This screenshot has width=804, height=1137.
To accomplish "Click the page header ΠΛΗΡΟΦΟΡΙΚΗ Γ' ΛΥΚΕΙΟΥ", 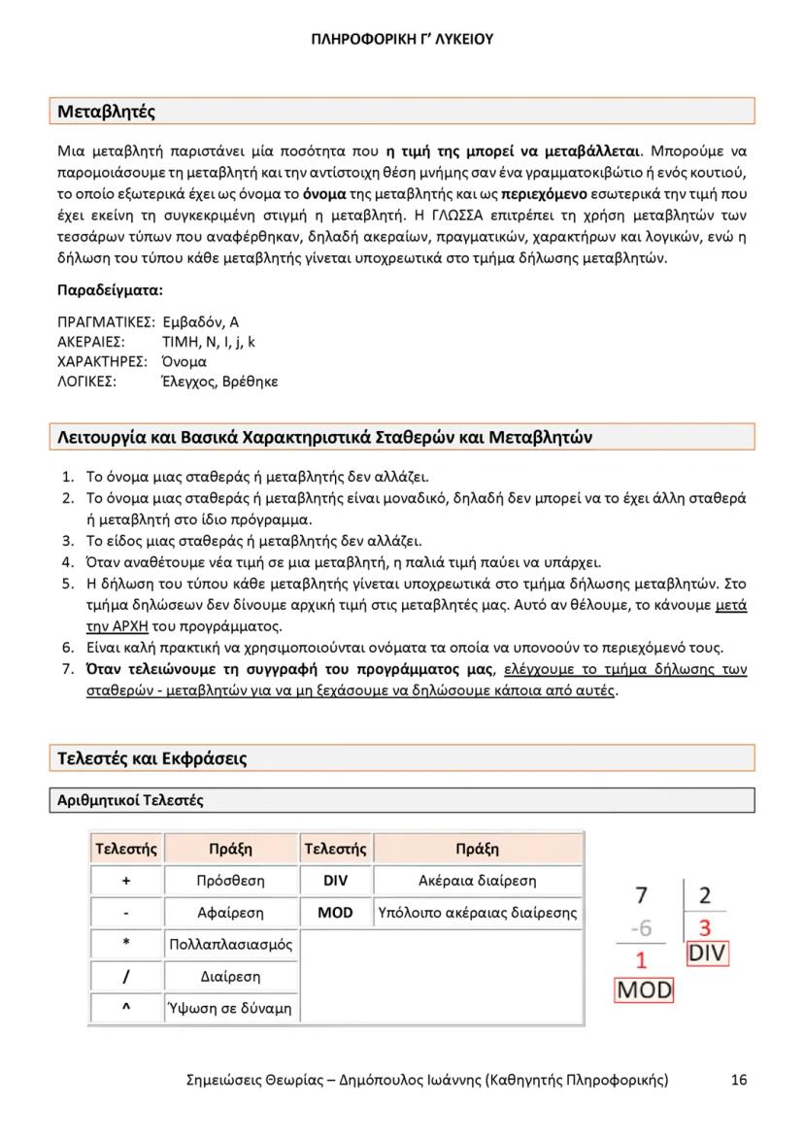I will [402, 39].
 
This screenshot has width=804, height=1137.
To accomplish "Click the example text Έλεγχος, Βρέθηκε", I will [219, 382].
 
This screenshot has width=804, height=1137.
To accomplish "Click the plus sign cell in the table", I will [126, 881].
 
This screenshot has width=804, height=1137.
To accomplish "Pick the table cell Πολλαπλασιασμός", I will [230, 944].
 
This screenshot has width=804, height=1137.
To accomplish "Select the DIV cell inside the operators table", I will [334, 881].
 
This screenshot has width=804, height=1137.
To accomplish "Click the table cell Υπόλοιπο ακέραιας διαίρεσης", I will [477, 913].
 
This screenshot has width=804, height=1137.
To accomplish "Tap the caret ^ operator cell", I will [126, 1008].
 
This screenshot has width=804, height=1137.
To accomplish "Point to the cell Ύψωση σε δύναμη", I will [230, 1008].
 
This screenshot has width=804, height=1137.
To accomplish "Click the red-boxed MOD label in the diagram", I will [644, 991].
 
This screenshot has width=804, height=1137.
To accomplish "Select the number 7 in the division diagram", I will [641, 895].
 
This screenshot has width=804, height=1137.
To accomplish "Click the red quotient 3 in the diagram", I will [705, 926].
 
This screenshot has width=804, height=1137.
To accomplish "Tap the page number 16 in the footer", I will [739, 1080].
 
